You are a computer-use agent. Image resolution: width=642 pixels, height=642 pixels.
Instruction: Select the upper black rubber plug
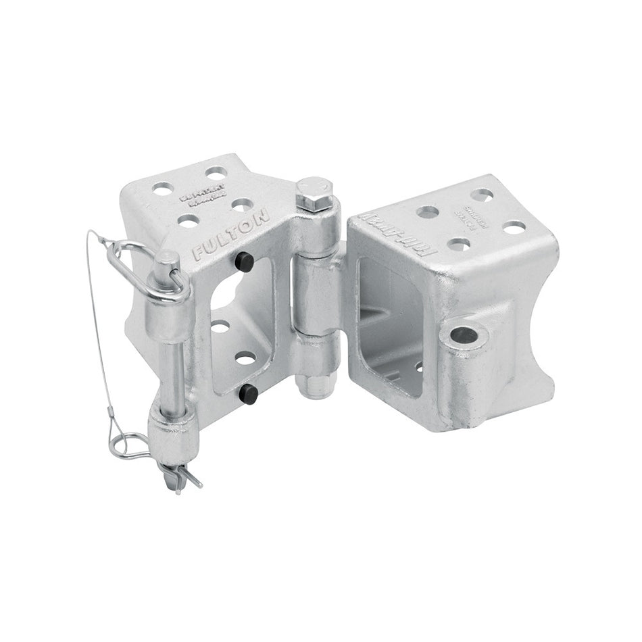click(x=245, y=262)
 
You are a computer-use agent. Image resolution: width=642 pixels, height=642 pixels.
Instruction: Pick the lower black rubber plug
click(x=249, y=393)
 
